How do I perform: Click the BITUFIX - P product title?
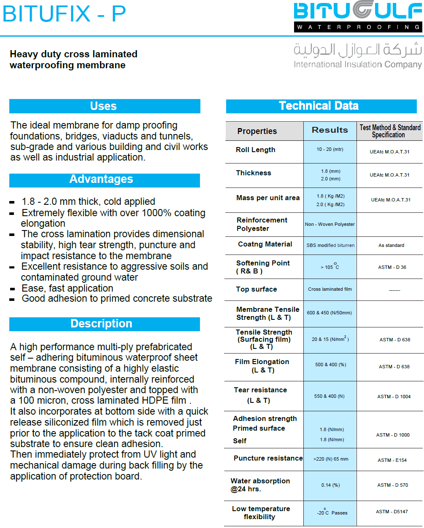coord(64,14)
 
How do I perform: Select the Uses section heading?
coord(103,106)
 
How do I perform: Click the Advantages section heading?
coord(101,180)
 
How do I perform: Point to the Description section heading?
coord(101,324)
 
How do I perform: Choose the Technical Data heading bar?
coord(319,106)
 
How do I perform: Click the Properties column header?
coord(257,131)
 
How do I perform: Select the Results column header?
coord(330,130)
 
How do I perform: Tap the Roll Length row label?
coord(256,150)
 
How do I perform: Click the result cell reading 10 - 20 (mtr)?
coord(330,150)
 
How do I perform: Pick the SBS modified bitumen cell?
coord(330,245)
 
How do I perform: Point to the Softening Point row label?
coord(262,267)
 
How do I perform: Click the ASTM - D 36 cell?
coord(392,267)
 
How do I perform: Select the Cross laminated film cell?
coord(330,289)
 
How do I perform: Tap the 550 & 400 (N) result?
coord(329,396)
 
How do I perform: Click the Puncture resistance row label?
coord(268,458)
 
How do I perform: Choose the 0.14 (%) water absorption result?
coord(330,485)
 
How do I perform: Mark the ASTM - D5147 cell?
coord(392,512)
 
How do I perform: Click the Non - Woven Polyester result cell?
coord(330,224)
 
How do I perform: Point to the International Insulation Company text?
coord(358,64)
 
